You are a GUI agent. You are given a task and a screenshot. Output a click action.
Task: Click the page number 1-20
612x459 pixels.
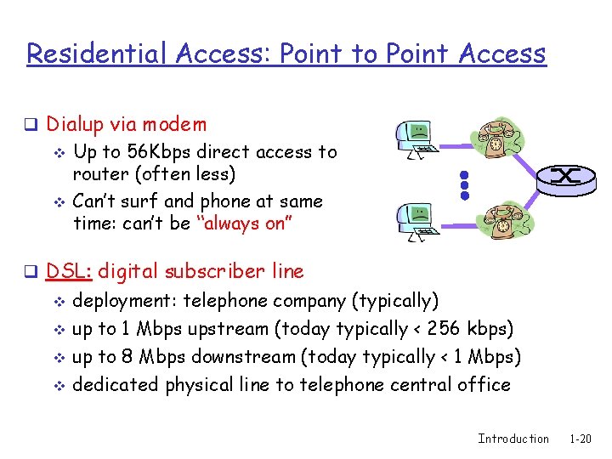[580, 439]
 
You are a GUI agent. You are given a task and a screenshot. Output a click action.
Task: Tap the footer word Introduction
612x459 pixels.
[513, 439]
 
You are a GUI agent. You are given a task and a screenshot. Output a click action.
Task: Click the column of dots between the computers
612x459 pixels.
[464, 183]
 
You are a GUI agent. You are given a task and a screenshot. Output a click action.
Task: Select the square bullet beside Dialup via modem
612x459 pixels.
[30, 125]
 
